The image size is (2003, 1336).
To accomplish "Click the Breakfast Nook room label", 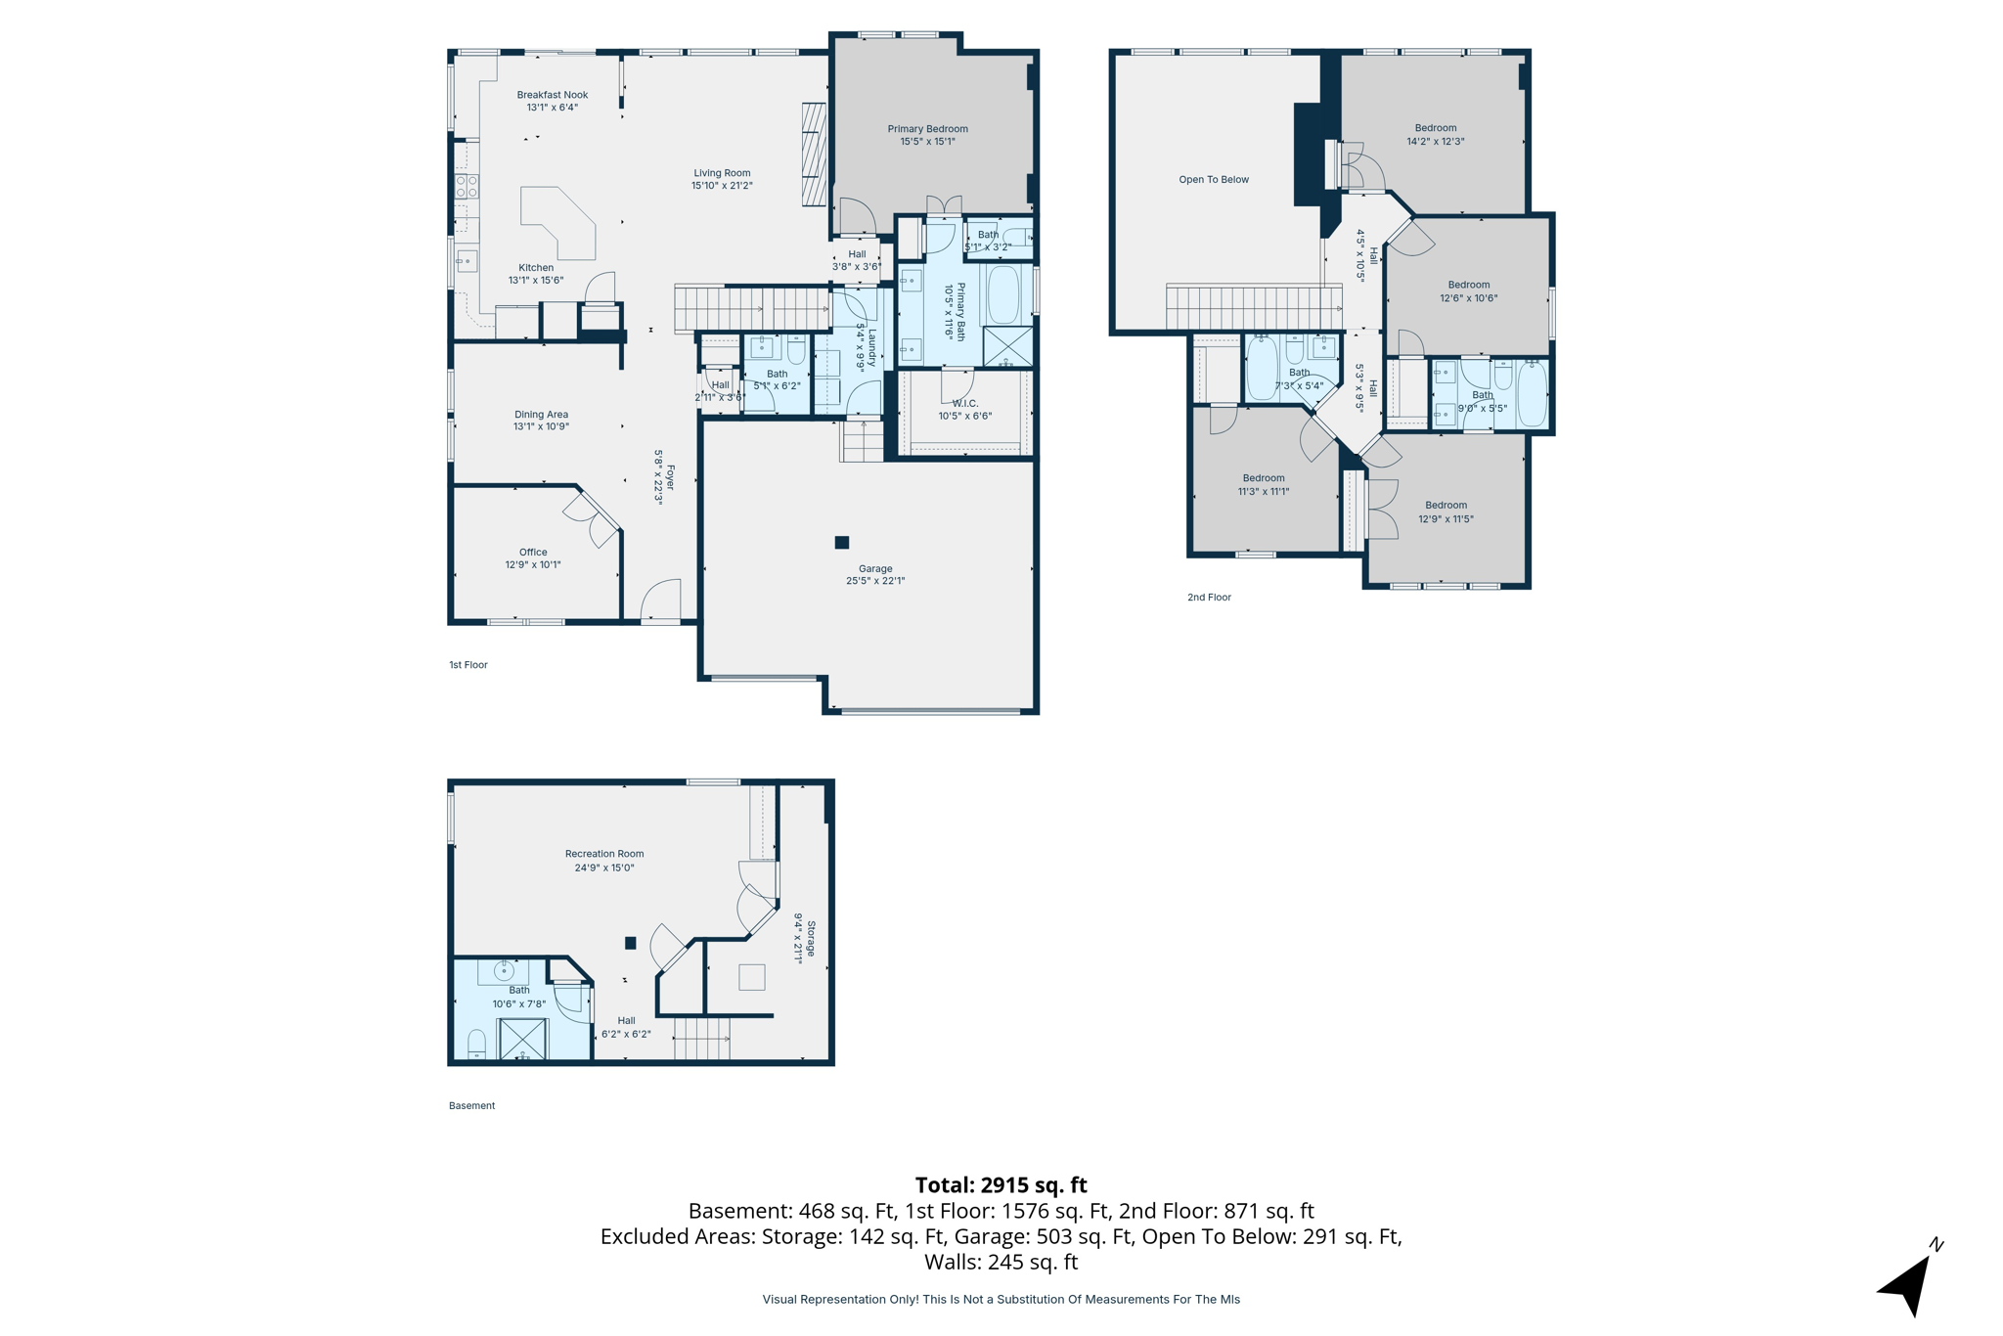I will click(553, 95).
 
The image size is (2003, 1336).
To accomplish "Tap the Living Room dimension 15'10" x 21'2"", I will click(722, 186).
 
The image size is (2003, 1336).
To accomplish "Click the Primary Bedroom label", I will click(927, 129).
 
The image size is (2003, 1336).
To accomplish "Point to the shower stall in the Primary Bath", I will click(1007, 346).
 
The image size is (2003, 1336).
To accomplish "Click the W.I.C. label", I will click(964, 403).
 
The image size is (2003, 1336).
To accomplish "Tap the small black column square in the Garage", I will click(842, 542).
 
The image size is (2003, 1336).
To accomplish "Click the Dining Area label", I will click(541, 414).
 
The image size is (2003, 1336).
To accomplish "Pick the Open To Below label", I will click(1213, 180).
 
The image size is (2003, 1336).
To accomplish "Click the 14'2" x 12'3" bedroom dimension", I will click(1435, 141).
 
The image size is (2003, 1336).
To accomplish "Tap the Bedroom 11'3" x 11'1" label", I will click(1263, 478).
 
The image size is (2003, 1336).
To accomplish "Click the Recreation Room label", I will click(604, 854).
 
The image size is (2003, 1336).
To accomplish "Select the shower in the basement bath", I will click(523, 1039).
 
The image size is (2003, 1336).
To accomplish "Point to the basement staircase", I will click(701, 1039).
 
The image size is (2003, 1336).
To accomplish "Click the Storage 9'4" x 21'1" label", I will click(805, 939).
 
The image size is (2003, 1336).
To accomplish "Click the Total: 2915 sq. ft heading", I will click(1001, 1184).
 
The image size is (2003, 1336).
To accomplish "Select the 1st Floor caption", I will click(467, 665).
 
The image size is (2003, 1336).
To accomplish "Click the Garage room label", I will click(875, 568).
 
